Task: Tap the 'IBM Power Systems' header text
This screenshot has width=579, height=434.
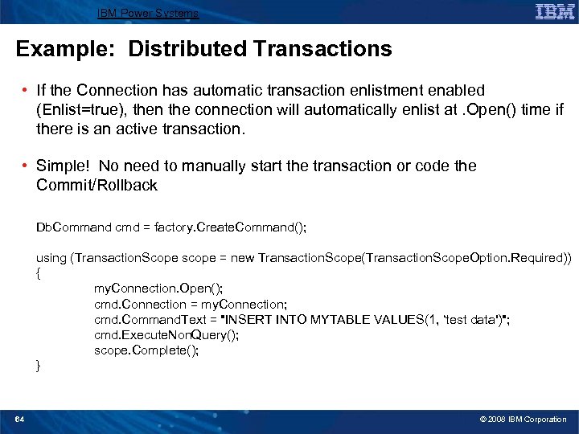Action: tap(147, 13)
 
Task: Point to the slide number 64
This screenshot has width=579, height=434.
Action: tap(20, 419)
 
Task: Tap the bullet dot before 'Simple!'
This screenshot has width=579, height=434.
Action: tap(27, 166)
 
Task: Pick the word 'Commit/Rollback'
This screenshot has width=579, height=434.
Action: tap(96, 186)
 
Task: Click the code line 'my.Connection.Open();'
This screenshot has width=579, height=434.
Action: tap(159, 289)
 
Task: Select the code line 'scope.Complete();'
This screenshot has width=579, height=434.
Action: tap(146, 350)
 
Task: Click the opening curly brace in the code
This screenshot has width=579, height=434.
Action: tap(38, 273)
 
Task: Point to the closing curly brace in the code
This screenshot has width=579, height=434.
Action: tap(38, 366)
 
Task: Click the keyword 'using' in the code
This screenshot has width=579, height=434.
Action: tap(51, 258)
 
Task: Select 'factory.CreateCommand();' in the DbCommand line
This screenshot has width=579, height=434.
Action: tap(240, 227)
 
